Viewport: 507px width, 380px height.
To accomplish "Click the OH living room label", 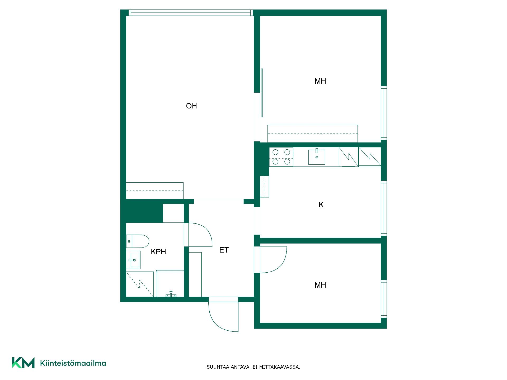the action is [191, 106].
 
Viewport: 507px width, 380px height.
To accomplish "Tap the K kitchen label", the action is [321, 205].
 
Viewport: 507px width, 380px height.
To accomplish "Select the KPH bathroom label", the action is [158, 252].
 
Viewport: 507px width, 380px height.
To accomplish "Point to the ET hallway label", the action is [224, 250].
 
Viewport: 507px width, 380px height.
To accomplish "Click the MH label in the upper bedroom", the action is [320, 81].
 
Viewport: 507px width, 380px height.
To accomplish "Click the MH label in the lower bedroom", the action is [320, 285].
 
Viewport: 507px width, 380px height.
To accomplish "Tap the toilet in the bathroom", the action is [138, 241].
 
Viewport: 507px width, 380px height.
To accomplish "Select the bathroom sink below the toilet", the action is [133, 260].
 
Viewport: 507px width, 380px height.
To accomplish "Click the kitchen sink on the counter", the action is [317, 157].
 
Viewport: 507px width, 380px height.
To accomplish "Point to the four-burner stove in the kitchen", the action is [281, 157].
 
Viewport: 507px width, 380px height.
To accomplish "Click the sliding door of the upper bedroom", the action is [262, 93].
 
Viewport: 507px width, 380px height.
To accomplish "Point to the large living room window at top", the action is [191, 13].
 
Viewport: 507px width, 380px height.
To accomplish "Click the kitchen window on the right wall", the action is [384, 208].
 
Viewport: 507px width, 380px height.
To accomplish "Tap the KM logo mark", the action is [23, 363].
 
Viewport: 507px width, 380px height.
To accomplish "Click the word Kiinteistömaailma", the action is [73, 363].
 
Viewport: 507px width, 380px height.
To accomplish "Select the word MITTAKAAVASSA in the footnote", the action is [280, 367].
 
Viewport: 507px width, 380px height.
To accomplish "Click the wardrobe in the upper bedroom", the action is [313, 134].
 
